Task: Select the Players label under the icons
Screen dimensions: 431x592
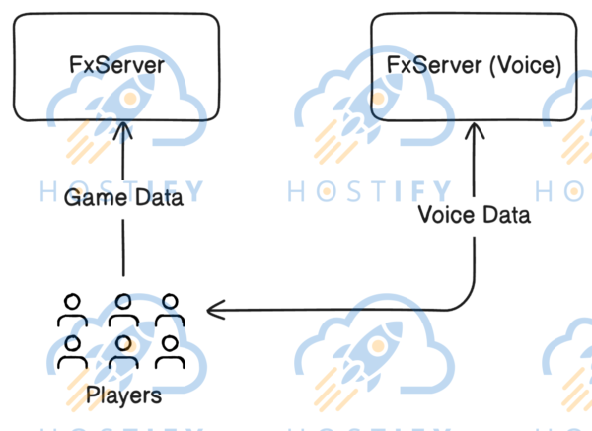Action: point(123,396)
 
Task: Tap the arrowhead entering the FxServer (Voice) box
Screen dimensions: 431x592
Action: point(476,131)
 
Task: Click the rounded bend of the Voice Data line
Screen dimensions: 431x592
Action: point(468,304)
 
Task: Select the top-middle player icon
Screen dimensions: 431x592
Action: point(123,310)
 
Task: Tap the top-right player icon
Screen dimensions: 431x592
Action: point(172,310)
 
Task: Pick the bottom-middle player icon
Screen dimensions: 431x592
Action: point(123,351)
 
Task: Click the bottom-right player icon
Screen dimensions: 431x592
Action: point(172,351)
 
